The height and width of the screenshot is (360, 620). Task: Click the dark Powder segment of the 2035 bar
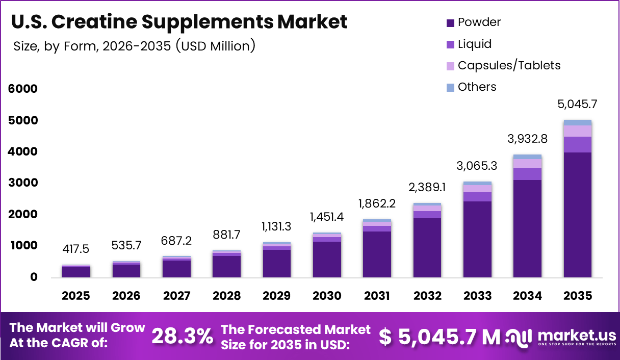pyautogui.click(x=577, y=214)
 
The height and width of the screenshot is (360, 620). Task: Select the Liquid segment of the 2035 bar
pyautogui.click(x=577, y=144)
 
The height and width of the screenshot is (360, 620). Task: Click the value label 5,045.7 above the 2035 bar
pyautogui.click(x=577, y=105)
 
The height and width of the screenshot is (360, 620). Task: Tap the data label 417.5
pyautogui.click(x=76, y=249)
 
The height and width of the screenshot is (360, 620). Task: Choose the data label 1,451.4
pyautogui.click(x=327, y=217)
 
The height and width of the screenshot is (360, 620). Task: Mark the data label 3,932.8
pyautogui.click(x=527, y=139)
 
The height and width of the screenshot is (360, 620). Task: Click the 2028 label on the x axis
pyautogui.click(x=226, y=296)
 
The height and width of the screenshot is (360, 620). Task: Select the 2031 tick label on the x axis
pyautogui.click(x=377, y=296)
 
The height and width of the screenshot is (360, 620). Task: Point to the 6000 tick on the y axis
pyautogui.click(x=23, y=89)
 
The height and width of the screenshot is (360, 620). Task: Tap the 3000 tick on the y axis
pyautogui.click(x=23, y=183)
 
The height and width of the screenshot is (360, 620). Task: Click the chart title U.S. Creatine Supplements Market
pyautogui.click(x=179, y=22)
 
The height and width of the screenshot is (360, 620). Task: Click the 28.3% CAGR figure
pyautogui.click(x=183, y=337)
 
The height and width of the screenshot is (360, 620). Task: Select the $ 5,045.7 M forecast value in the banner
pyautogui.click(x=440, y=337)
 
